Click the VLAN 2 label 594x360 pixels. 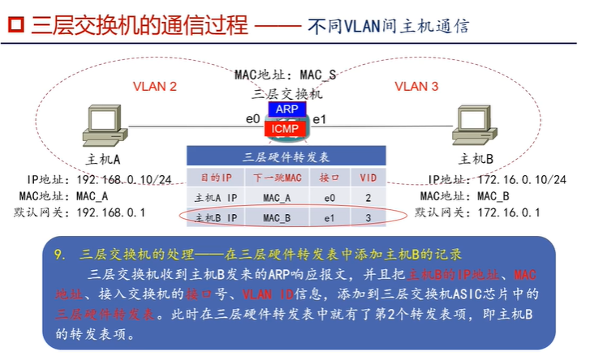pos(154,86)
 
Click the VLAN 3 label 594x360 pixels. pos(416,86)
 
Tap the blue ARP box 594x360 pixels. pos(285,109)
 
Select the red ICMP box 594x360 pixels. pos(284,128)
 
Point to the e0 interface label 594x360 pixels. pos(252,120)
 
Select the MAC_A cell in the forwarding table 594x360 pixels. pos(277,197)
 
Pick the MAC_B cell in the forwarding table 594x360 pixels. pos(277,217)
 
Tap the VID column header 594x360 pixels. pos(368,177)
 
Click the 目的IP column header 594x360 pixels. pos(215,177)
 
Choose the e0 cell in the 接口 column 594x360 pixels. pos(329,197)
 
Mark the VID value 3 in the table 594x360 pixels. pos(368,217)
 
